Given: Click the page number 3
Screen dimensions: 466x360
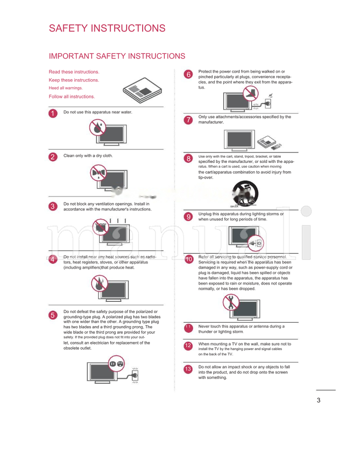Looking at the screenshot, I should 319,401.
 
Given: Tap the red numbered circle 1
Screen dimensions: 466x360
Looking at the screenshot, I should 53,114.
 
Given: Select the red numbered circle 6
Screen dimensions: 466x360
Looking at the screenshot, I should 189,75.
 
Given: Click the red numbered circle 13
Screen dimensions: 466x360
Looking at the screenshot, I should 188,369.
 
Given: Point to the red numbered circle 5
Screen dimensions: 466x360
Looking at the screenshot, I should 53,315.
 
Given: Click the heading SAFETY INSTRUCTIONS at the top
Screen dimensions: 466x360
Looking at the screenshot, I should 107,28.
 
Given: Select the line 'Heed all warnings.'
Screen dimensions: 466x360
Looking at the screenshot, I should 66,88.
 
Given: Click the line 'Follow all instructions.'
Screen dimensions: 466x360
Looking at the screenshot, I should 72,97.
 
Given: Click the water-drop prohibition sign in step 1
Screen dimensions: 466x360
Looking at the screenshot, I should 97,128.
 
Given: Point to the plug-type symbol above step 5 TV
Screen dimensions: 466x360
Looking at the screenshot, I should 117,363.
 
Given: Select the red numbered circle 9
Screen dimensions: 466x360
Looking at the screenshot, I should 189,217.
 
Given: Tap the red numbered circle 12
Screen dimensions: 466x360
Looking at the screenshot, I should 188,345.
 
